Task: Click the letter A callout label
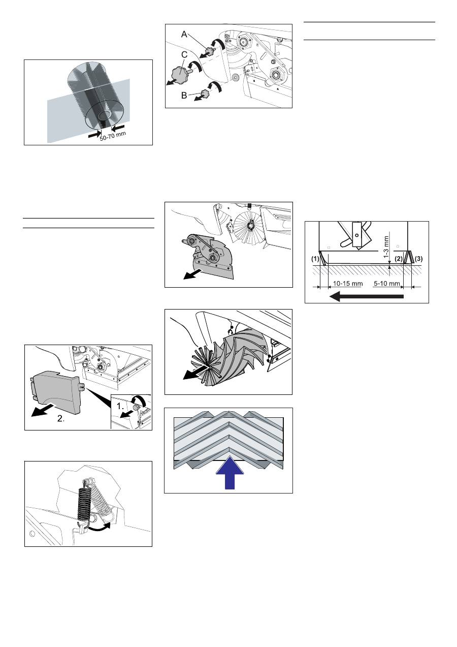[184, 35]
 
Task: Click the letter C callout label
[184, 55]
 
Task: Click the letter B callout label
[184, 96]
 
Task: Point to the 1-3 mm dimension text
[386, 247]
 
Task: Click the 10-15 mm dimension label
[348, 284]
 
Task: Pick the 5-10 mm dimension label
[386, 284]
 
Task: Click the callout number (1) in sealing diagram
[315, 259]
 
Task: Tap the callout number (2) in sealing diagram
[399, 259]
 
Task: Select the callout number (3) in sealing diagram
[418, 259]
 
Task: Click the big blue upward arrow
[230, 473]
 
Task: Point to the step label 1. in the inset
[120, 406]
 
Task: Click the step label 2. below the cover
[60, 418]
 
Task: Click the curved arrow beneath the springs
[100, 528]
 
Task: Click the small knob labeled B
[205, 94]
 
